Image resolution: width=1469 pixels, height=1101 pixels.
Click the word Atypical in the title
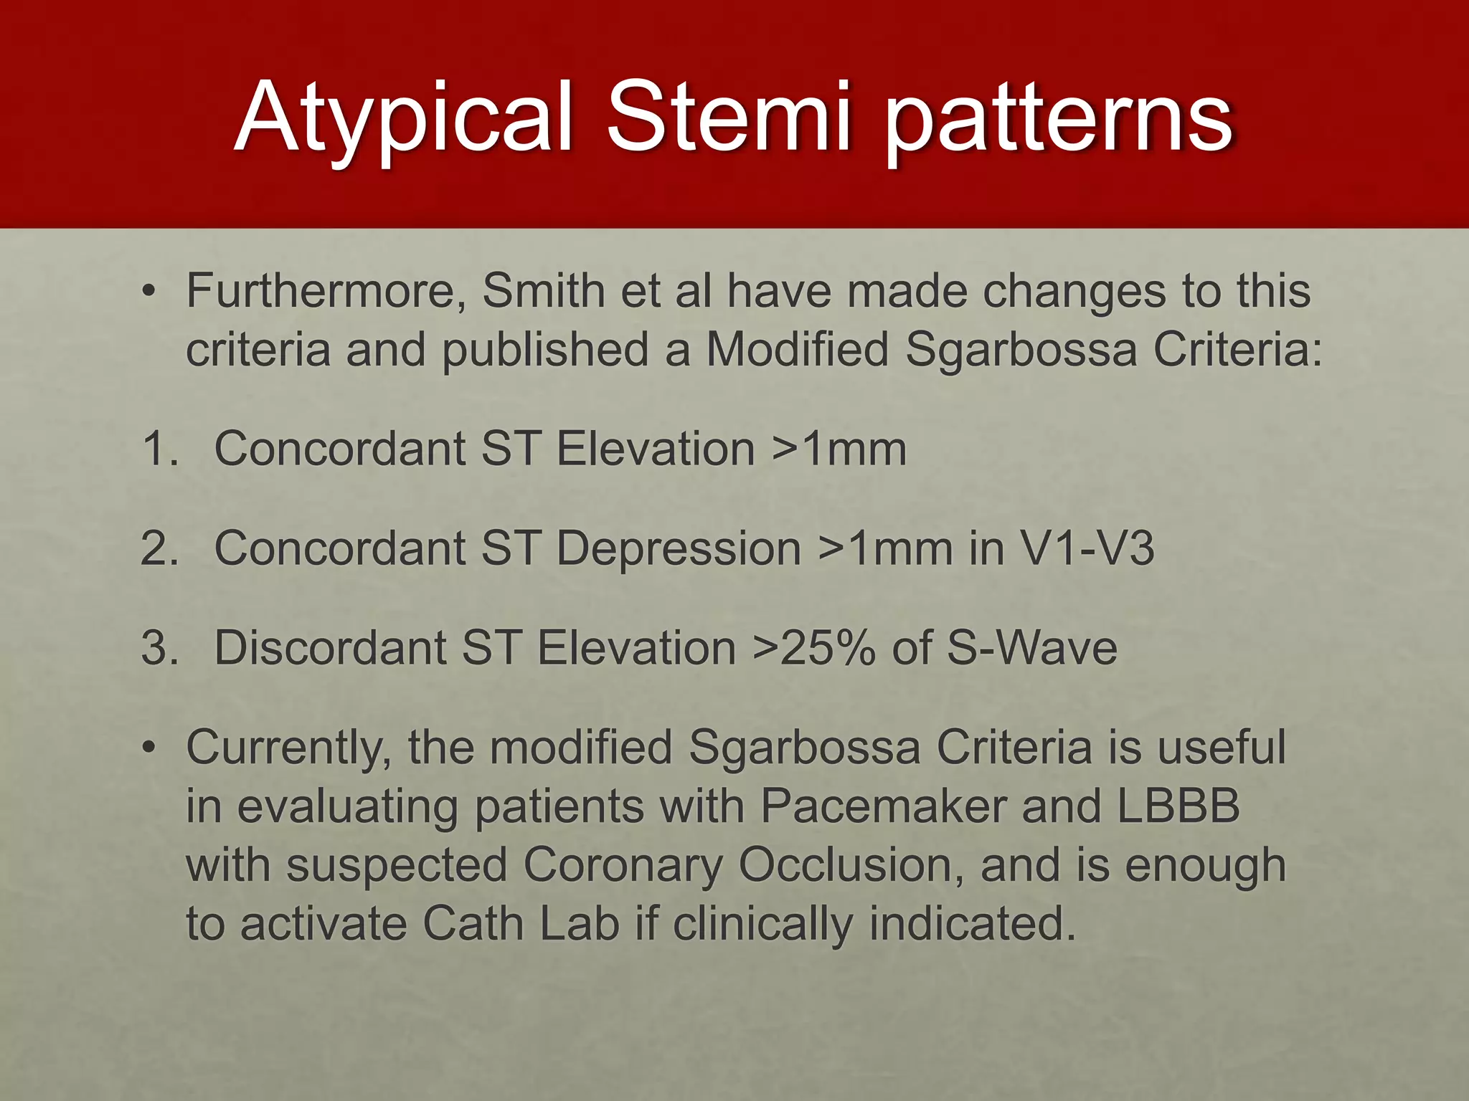[x=403, y=118]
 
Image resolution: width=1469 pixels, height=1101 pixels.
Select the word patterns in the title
[x=1059, y=118]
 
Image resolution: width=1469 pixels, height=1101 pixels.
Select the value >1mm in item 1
[x=839, y=449]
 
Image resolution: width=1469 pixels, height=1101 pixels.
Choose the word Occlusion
[x=851, y=865]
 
